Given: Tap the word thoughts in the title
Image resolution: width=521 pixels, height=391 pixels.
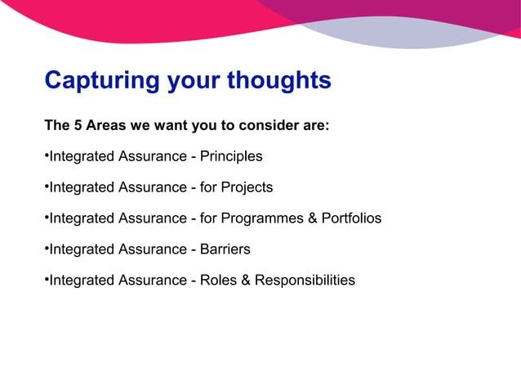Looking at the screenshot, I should coord(279,81).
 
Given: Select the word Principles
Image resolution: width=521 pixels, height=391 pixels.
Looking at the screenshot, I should coord(231,156).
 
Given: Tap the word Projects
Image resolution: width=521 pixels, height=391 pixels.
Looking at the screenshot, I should coord(241,187).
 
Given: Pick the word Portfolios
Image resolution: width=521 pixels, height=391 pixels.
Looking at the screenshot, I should coord(350,218).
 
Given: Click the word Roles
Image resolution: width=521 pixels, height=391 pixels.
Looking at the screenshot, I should coord(219,281).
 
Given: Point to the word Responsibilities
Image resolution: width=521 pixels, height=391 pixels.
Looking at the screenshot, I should coord(305,281).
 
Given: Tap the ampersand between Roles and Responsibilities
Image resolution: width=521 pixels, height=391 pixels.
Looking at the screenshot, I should coord(245,281).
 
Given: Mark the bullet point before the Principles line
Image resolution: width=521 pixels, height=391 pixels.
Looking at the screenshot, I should coord(47,156).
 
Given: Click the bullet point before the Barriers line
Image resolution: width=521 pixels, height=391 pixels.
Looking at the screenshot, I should coord(47,249).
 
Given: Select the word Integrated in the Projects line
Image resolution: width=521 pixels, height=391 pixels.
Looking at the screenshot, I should coord(82,187).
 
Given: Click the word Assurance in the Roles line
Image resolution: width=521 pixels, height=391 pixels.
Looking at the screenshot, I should coord(152,281).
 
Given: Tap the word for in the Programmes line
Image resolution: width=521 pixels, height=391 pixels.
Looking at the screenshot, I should coord(210,218).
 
